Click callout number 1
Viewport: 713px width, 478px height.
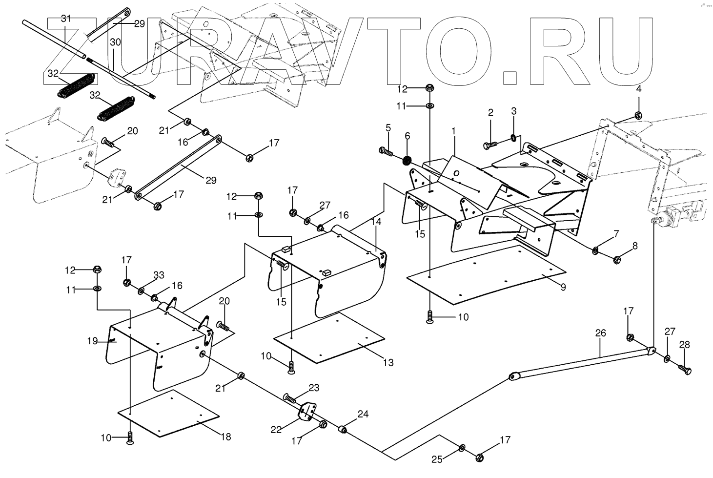tap(453, 131)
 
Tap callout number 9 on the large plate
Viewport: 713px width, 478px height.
tap(563, 287)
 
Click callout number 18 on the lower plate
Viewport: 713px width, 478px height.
tap(225, 436)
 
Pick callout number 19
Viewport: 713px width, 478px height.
tap(93, 341)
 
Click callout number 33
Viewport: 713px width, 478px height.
tap(159, 275)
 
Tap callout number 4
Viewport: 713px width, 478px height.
tap(638, 89)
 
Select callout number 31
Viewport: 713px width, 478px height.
tap(66, 19)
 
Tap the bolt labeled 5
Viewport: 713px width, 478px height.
tap(386, 151)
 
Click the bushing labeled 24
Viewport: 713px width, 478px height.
tap(344, 430)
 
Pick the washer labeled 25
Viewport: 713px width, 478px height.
tap(462, 448)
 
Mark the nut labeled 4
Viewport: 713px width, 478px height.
tap(638, 115)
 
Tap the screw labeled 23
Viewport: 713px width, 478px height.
tap(291, 398)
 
